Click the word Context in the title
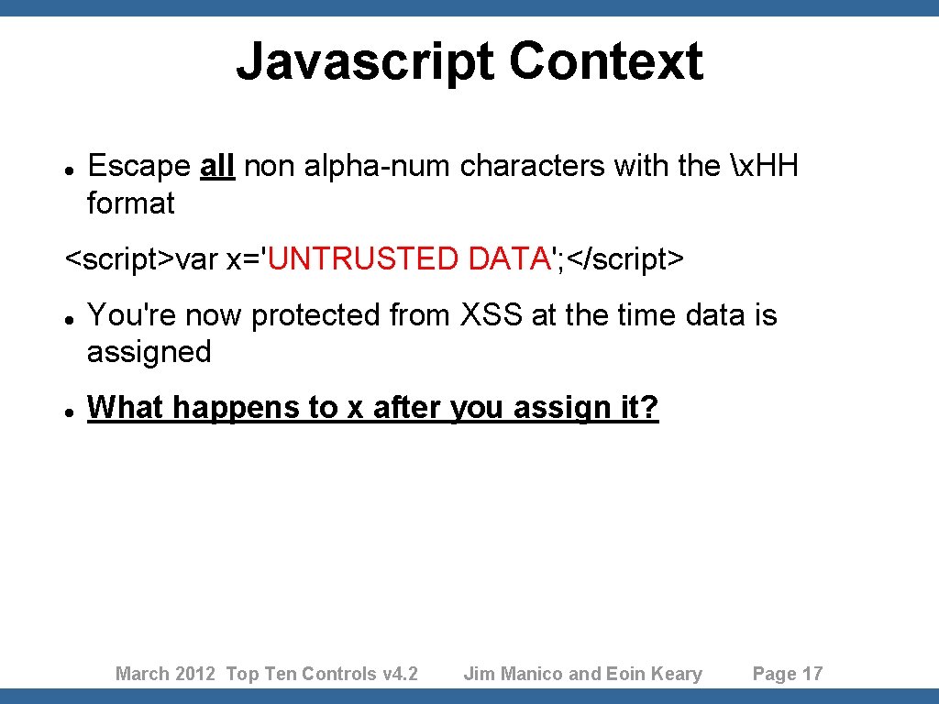tap(606, 62)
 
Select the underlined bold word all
tap(217, 166)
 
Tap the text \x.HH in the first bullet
tap(766, 166)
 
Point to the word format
tap(130, 203)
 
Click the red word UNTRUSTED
tap(364, 259)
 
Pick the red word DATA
tap(507, 259)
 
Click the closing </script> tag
tap(625, 259)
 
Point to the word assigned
tap(149, 352)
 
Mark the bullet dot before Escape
tap(70, 169)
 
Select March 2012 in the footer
tap(166, 674)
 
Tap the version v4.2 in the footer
tap(400, 674)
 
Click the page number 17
tap(812, 674)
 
